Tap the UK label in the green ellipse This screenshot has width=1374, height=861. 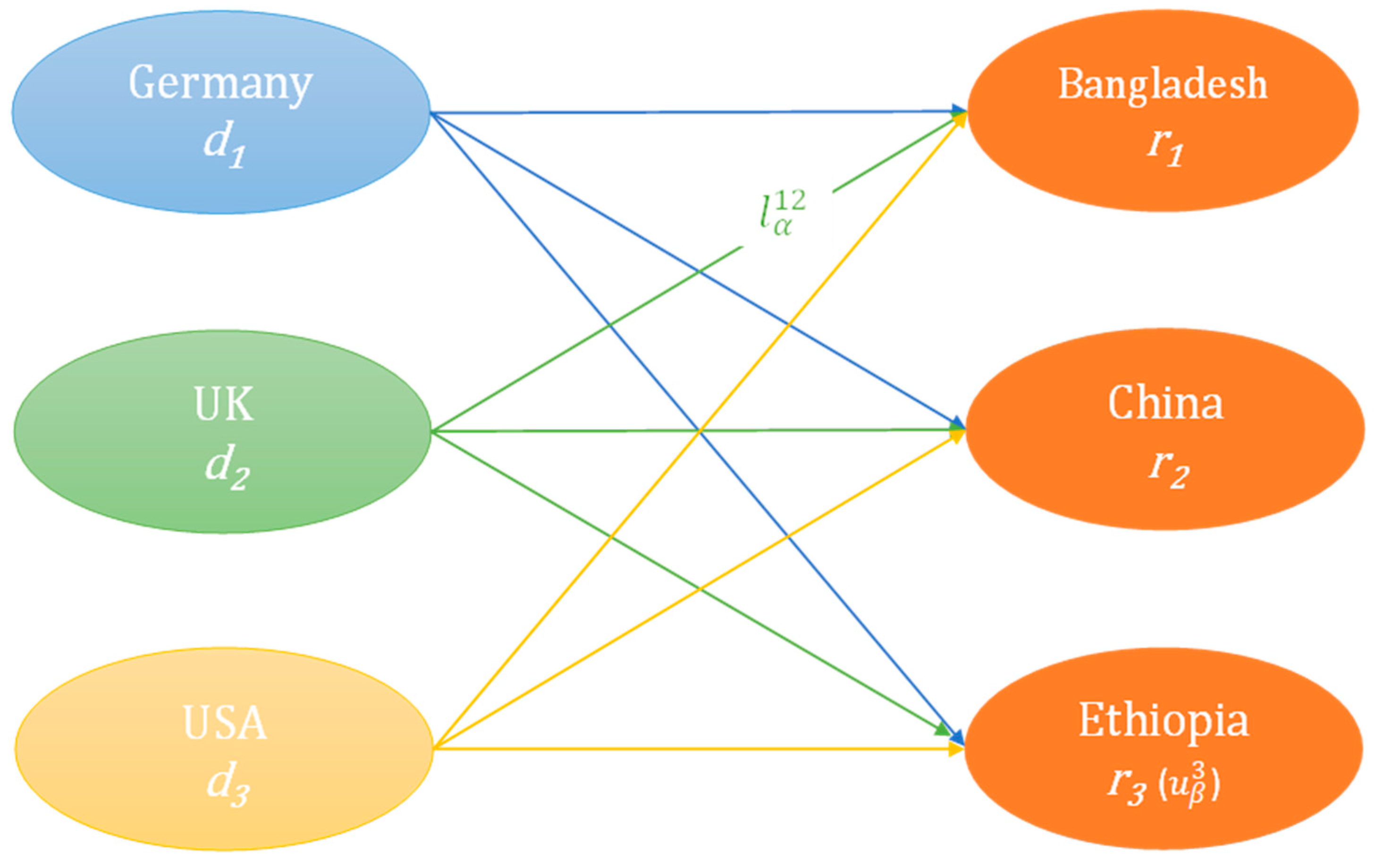(224, 405)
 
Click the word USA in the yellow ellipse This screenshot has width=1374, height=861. (224, 723)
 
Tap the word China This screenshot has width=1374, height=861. (1165, 403)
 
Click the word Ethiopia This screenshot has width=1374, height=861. (1164, 721)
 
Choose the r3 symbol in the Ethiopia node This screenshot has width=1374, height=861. (1125, 789)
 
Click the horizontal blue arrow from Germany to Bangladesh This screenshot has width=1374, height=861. (683, 112)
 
